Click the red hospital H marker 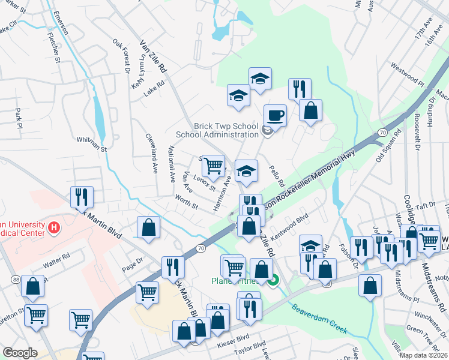point(55,227)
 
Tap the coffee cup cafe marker point(275,115)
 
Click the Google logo point(20,353)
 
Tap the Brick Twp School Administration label point(226,131)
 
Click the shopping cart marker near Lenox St point(213,165)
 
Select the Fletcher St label point(54,48)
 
